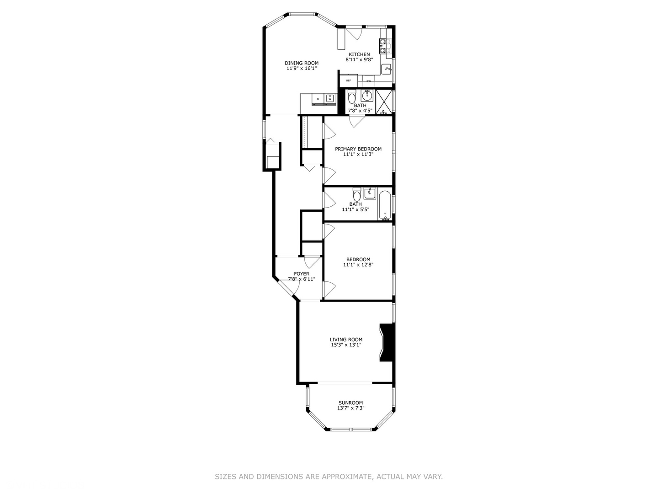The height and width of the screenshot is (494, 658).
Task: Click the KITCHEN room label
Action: click(x=359, y=54)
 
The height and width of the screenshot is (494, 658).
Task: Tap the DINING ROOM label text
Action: click(x=302, y=63)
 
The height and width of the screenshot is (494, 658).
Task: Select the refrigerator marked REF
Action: click(x=349, y=81)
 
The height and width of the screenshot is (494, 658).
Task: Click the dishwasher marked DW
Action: click(x=369, y=81)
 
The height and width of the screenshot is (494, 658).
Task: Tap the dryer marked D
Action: click(x=318, y=99)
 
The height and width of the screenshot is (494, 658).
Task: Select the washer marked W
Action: click(x=329, y=98)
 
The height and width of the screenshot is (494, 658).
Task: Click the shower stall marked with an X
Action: click(x=384, y=102)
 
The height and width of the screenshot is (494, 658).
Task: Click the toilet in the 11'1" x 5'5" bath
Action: click(x=356, y=193)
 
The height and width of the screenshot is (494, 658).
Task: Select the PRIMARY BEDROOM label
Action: click(x=358, y=149)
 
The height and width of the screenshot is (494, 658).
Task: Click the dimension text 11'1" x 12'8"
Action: click(x=358, y=264)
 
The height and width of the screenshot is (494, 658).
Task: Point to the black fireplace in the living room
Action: click(x=387, y=343)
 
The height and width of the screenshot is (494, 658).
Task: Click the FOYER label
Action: click(x=302, y=274)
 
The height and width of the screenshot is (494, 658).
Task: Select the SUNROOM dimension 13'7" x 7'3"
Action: click(x=350, y=408)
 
